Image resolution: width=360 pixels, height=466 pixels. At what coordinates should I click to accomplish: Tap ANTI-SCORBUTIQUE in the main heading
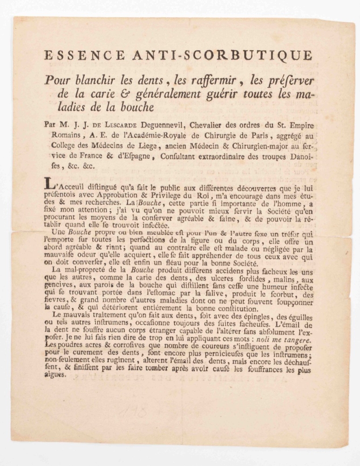tap(223, 55)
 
